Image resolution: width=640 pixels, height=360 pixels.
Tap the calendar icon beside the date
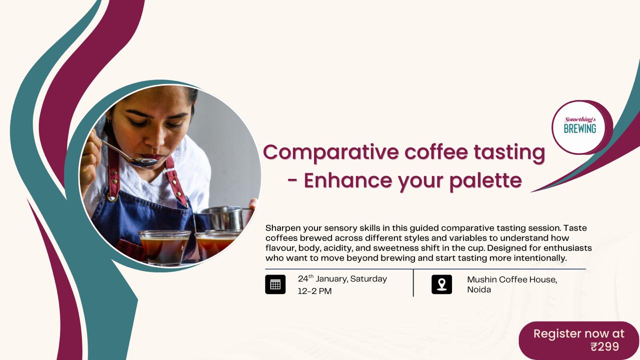click(275, 284)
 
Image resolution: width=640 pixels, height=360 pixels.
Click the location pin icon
click(441, 284)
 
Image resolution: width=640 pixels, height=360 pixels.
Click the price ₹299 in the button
click(604, 346)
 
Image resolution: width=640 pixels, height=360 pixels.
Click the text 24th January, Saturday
click(342, 279)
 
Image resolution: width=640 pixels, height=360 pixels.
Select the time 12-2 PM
click(314, 291)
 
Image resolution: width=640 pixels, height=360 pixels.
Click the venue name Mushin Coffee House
click(511, 279)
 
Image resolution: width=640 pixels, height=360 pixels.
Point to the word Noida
click(478, 290)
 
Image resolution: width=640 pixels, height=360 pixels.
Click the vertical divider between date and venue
click(413, 283)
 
